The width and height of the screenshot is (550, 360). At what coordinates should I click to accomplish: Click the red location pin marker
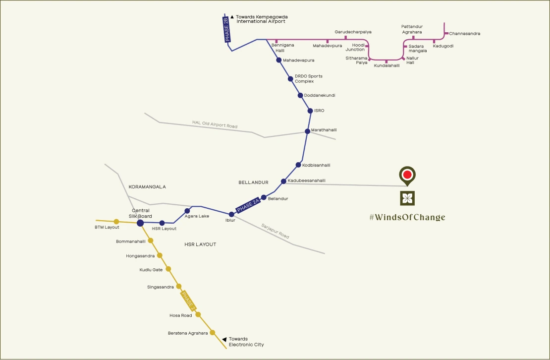(407, 175)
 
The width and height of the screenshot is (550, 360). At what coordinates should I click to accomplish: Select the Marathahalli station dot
(307, 131)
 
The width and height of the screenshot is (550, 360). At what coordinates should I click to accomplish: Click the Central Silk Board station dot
(140, 223)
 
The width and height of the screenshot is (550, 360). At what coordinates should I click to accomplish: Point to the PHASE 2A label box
(249, 204)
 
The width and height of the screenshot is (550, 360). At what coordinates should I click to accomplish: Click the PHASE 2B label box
(227, 29)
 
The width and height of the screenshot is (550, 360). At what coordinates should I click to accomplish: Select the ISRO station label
(319, 111)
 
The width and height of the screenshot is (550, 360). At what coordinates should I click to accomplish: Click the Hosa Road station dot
(198, 314)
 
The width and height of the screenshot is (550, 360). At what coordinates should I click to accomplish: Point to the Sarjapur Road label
(275, 232)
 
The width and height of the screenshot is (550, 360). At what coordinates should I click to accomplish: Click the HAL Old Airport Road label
(215, 124)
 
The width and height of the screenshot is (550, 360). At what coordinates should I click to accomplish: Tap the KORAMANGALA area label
(147, 187)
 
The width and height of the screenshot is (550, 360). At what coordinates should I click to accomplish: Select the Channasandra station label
(465, 34)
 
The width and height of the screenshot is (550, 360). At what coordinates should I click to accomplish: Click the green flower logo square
(407, 198)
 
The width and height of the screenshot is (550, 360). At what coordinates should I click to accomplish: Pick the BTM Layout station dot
(116, 222)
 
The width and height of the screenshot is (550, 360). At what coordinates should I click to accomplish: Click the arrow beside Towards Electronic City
(224, 339)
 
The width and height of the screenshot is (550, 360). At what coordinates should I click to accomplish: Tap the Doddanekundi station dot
(300, 95)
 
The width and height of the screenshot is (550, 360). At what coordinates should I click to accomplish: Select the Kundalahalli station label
(386, 65)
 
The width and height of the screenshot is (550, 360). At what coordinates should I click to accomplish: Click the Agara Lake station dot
(187, 211)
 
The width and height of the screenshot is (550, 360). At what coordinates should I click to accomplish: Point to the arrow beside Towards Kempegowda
(232, 17)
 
